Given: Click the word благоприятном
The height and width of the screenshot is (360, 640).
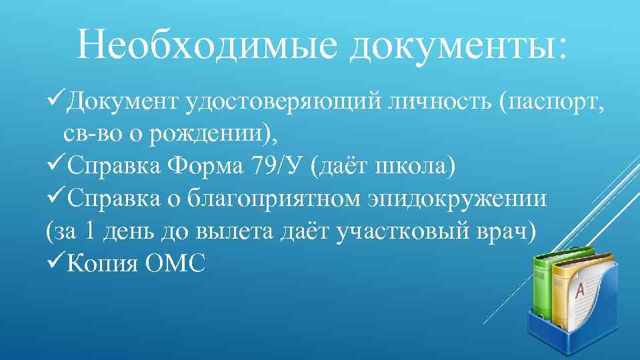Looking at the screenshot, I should point(275,199).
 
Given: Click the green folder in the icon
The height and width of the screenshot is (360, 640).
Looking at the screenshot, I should point(543,283).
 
